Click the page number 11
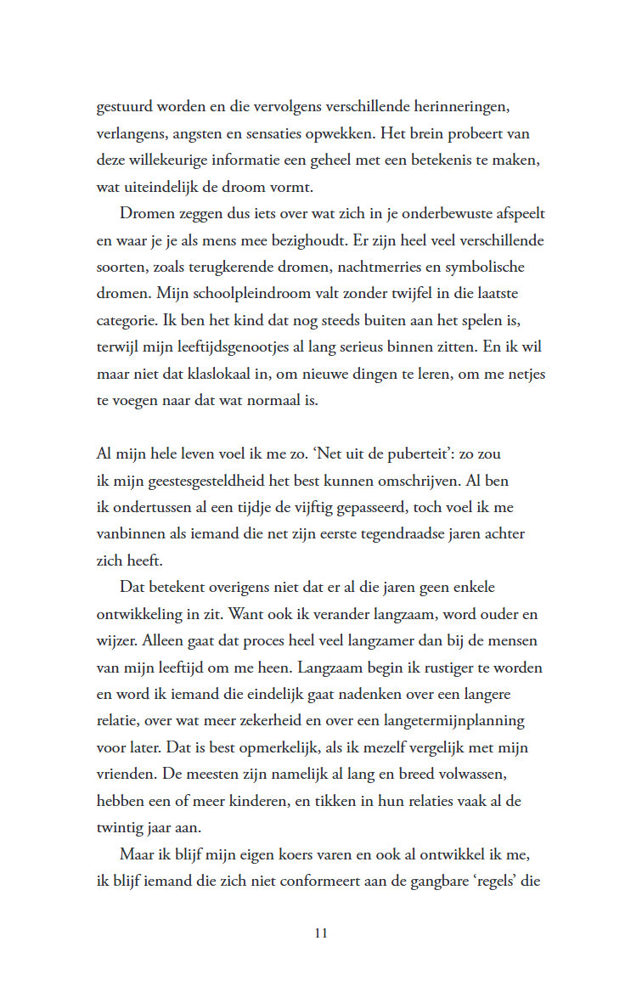pos(321,933)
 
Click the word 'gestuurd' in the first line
pos(124,109)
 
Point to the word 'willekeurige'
pos(169,161)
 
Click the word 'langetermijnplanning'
pos(455,720)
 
